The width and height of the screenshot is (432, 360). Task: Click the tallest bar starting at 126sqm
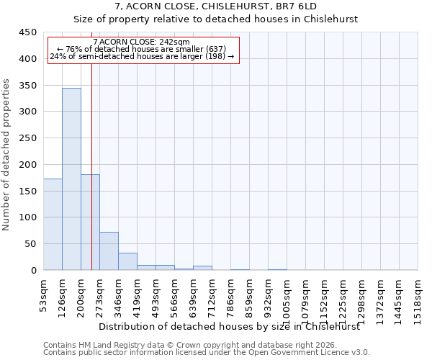click(71, 179)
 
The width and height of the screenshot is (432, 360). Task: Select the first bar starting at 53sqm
click(53, 224)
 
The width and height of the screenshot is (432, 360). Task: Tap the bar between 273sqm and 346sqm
click(109, 251)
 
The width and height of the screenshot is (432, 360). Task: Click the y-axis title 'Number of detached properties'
click(6, 155)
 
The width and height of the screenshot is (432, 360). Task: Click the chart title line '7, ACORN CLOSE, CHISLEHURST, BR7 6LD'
click(215, 6)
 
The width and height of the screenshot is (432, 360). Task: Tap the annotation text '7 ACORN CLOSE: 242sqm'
click(141, 42)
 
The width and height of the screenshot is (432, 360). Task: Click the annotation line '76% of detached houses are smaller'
click(141, 49)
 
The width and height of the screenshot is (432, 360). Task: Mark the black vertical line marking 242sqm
click(92, 144)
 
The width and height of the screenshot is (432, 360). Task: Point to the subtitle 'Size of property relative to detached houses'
click(215, 19)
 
